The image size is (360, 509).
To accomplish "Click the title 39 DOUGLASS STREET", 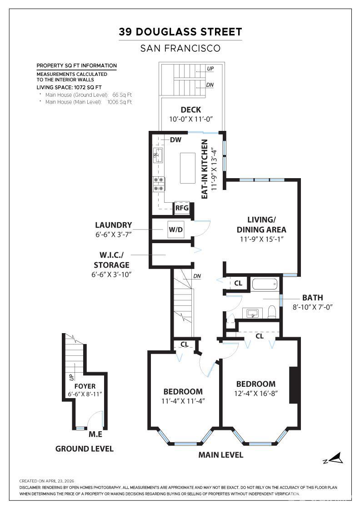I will (x=180, y=32).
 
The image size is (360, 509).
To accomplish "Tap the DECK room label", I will (x=190, y=110).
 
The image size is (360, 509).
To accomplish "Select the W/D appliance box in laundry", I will (x=175, y=230).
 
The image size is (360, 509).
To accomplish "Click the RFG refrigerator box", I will (x=182, y=208).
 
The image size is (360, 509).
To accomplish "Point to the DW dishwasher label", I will (x=175, y=140).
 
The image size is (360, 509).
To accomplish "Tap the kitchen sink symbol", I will (x=158, y=156).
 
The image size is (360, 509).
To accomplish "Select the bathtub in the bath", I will (x=264, y=285).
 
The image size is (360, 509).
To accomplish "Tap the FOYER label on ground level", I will (x=85, y=386).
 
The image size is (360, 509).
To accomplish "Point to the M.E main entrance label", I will (x=95, y=434).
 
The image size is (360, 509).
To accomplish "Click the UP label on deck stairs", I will (x=210, y=69).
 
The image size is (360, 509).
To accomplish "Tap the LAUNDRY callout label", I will (x=114, y=225).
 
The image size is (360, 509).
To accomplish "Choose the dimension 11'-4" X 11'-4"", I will (x=183, y=401).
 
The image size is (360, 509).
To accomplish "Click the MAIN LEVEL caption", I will (x=220, y=455).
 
